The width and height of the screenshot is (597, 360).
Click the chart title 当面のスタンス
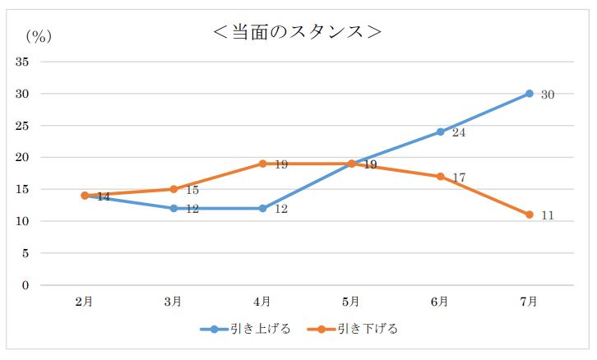297,32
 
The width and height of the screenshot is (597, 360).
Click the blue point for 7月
529,94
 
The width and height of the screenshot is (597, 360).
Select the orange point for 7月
529,215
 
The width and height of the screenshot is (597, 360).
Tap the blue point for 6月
440,132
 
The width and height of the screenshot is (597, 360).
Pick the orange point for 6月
440,177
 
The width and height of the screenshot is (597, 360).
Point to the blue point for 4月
262,208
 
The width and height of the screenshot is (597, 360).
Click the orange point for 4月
262,164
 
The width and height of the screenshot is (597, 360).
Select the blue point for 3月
174,208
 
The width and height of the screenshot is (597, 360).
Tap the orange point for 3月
174,189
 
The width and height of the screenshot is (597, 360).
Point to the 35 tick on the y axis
22,62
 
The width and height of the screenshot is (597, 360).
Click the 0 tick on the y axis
25,285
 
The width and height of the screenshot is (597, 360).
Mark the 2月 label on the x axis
85,302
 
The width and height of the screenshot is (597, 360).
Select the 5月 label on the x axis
351,302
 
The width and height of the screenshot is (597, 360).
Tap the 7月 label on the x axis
529,302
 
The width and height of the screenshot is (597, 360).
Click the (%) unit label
38,35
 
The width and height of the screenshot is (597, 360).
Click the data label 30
548,95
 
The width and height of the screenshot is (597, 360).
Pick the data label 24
459,132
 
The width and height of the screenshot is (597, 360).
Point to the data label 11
548,215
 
